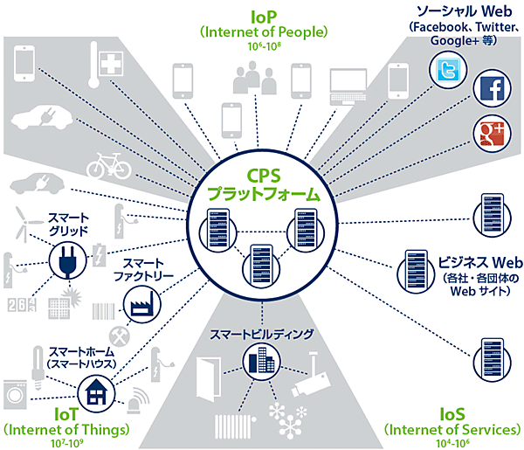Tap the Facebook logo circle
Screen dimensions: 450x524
point(489,89)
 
